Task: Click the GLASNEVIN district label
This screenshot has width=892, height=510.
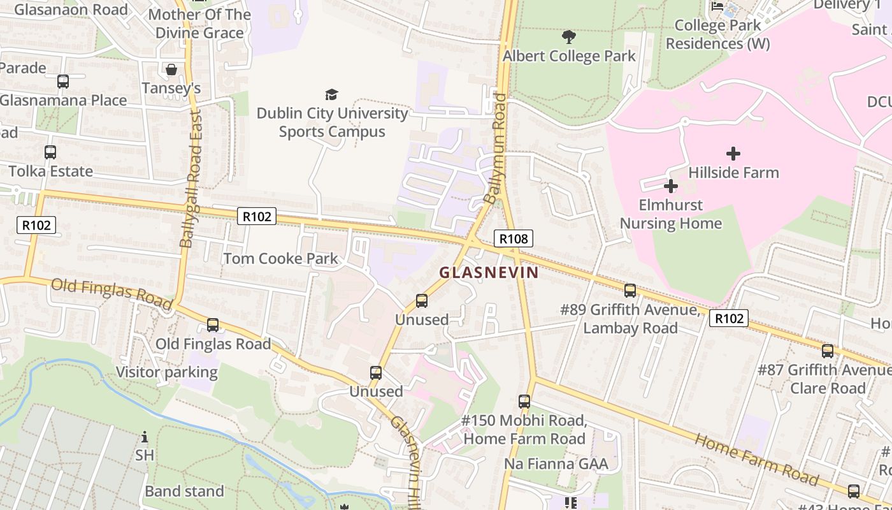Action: coord(489,273)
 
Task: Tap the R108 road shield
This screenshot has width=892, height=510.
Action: coord(513,239)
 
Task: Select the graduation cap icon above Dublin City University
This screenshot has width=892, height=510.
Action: coord(331,95)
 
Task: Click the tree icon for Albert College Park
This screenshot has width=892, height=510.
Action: coord(568,37)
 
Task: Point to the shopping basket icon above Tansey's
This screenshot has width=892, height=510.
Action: coord(171,69)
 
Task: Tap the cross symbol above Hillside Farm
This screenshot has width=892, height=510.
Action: coord(733,154)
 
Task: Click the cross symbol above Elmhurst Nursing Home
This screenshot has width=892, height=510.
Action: coord(670,186)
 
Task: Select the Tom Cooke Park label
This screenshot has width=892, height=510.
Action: coord(280,259)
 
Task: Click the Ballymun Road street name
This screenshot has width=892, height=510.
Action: coord(495,149)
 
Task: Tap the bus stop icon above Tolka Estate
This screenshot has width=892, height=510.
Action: coord(50,152)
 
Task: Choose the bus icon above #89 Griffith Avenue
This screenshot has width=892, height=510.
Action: coord(630,291)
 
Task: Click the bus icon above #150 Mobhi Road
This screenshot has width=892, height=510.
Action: coord(524,402)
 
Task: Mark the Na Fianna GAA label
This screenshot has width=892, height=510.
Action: coord(556,463)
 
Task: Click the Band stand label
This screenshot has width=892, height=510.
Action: coord(184,492)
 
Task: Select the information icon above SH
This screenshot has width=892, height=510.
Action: coord(145,437)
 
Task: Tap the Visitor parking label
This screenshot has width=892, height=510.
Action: coord(166,372)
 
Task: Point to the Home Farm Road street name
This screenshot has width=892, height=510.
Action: coord(756,459)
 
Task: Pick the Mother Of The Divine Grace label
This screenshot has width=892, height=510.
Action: coord(199,24)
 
